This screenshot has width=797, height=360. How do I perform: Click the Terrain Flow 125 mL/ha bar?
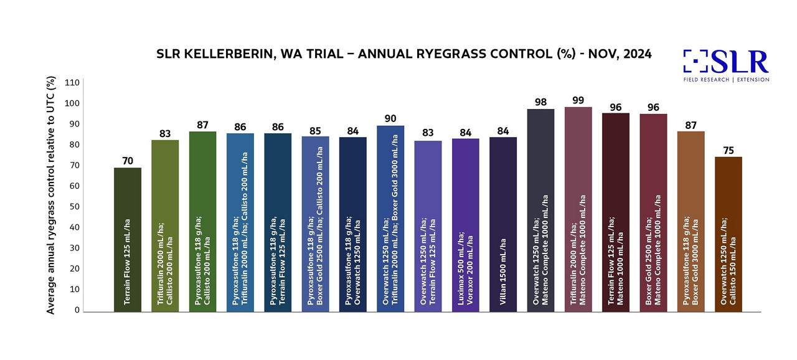point(128,240)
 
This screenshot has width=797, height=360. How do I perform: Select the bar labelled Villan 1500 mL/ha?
point(503,224)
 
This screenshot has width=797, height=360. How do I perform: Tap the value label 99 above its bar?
point(578,100)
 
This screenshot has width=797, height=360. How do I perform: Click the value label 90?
point(390,118)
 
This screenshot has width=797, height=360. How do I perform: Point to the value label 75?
point(729,150)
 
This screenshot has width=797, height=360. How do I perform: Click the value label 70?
point(128,161)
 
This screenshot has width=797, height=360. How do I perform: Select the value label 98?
point(540,102)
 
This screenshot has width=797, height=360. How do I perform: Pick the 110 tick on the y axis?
point(72,83)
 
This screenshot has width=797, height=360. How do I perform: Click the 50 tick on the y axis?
point(74,207)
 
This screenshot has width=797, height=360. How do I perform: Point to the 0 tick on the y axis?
point(77,310)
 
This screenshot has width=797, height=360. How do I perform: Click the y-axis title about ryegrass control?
point(52,195)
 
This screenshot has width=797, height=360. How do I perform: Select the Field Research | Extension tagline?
point(727,80)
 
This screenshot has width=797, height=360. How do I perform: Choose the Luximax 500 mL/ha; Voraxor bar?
point(466,225)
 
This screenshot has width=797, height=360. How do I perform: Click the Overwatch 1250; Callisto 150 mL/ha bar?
point(729,234)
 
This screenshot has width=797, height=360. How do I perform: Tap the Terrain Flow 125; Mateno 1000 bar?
point(616,212)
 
